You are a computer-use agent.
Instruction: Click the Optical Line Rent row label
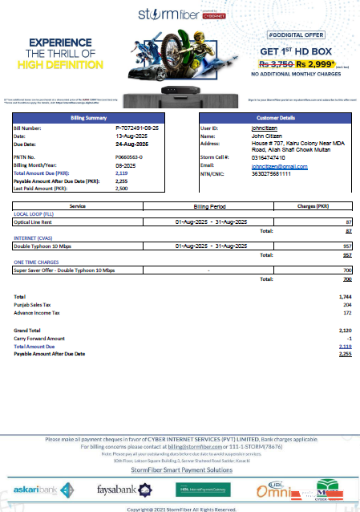[x=34, y=221]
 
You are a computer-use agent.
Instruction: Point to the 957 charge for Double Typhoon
[x=347, y=245]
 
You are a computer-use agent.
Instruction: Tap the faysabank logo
[x=116, y=488]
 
